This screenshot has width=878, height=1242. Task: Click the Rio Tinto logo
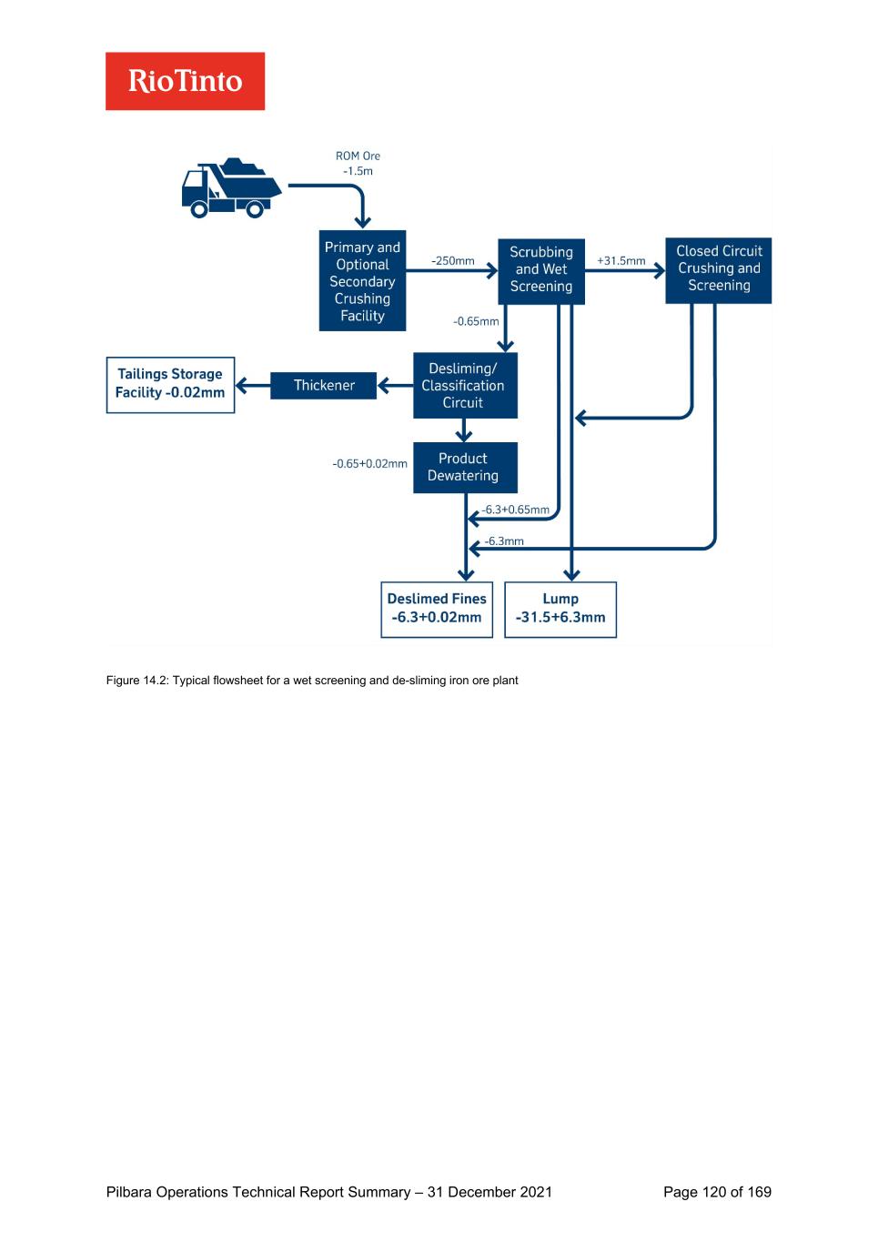185,81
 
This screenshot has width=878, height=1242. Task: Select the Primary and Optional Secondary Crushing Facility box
362,281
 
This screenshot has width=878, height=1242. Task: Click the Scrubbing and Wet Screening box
540,269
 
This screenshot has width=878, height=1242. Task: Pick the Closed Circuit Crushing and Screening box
718,268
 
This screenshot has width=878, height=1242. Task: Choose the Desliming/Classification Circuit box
464,386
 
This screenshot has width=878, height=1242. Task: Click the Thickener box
324,386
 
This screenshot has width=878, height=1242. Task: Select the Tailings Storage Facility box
170,384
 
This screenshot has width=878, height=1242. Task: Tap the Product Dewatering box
464,467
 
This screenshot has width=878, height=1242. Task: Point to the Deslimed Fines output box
437,609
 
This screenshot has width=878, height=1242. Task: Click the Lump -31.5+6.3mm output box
560,609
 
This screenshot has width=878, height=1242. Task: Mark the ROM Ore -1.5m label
358,164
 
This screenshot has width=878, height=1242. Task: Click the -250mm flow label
453,261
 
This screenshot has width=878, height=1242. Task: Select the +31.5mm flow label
621,261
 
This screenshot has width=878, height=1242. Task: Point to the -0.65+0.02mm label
369,464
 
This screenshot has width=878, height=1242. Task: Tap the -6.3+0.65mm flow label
516,510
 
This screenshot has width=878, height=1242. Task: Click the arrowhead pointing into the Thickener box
383,386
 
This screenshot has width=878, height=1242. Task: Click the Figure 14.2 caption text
312,681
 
